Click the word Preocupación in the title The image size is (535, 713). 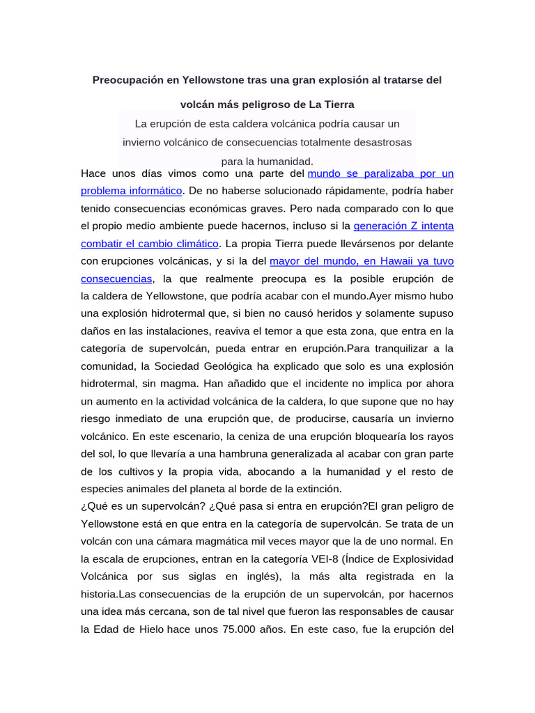point(127,80)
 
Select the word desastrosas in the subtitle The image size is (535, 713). point(379,142)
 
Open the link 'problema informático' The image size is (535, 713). point(132,190)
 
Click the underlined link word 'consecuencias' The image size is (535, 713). point(116,279)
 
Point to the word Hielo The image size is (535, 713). point(146,629)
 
